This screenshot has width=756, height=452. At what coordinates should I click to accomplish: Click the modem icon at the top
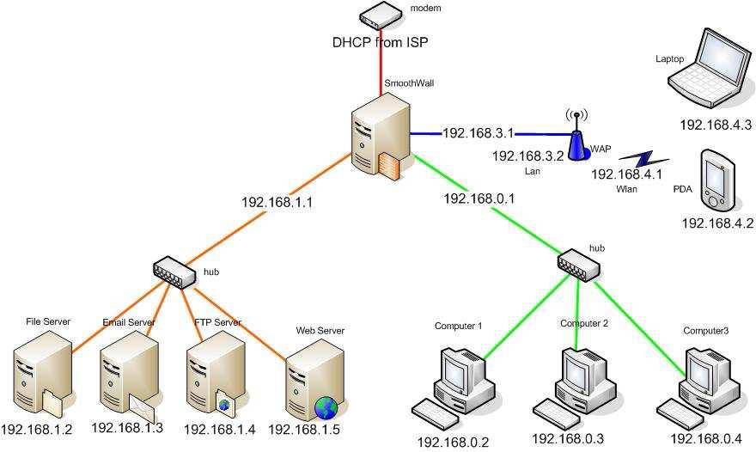[x=381, y=15]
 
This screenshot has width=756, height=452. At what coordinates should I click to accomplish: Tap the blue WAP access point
[x=576, y=143]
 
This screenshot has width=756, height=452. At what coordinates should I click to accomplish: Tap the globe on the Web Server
[x=326, y=406]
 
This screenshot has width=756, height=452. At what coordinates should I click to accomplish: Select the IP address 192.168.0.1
[x=478, y=199]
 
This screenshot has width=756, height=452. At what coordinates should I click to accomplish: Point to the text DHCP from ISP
[x=381, y=41]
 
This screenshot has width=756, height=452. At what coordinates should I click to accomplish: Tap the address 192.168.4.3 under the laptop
[x=716, y=125]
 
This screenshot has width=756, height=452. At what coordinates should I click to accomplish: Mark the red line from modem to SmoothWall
[x=381, y=73]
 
